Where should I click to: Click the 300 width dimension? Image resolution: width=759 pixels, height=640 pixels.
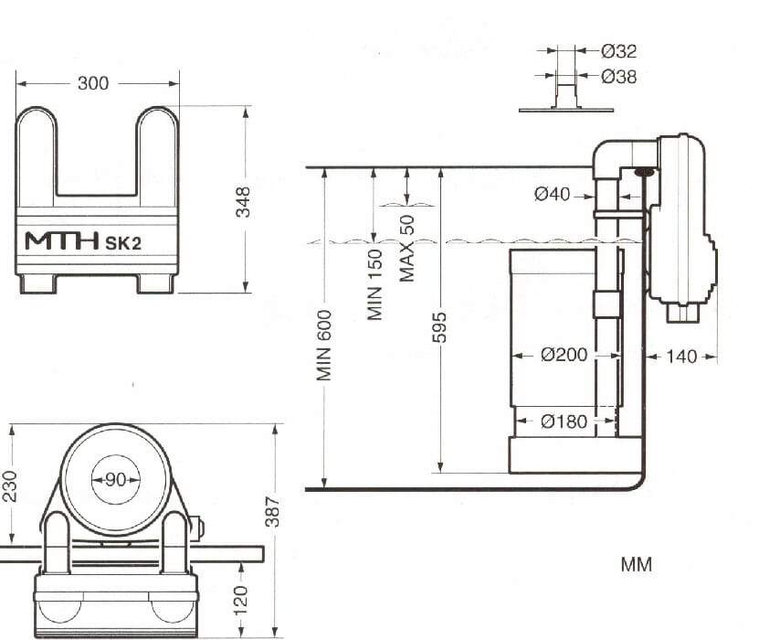pyautogui.click(x=93, y=83)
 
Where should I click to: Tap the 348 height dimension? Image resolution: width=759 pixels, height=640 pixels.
pyautogui.click(x=243, y=201)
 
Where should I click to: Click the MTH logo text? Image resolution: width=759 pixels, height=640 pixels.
pyautogui.click(x=61, y=240)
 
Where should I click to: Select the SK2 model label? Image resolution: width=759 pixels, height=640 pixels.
pyautogui.click(x=123, y=242)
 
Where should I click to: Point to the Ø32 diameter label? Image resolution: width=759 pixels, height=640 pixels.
pyautogui.click(x=618, y=51)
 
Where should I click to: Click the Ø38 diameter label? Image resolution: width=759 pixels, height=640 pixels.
pyautogui.click(x=618, y=77)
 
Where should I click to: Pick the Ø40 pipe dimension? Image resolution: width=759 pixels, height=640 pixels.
pyautogui.click(x=552, y=194)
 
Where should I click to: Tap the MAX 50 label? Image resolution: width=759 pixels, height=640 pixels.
pyautogui.click(x=407, y=248)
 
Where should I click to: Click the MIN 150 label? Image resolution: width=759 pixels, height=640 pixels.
pyautogui.click(x=375, y=284)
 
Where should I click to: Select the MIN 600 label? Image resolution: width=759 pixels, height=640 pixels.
pyautogui.click(x=324, y=345)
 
